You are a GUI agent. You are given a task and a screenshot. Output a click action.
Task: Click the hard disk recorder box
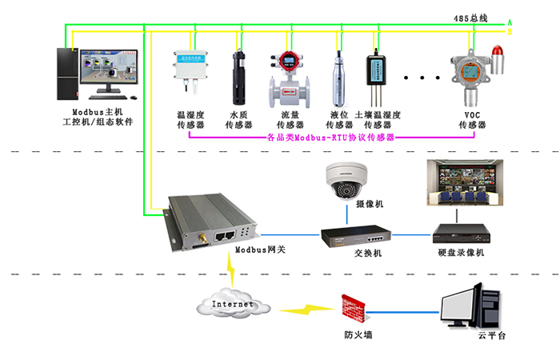pyautogui.click(x=460, y=234)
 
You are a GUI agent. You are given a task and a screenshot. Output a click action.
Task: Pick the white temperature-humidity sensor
pyautogui.click(x=190, y=66)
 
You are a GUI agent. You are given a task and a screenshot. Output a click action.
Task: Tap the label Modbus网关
pyautogui.click(x=261, y=250)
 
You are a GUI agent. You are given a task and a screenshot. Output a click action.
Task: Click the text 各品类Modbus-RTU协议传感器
pyautogui.click(x=331, y=138)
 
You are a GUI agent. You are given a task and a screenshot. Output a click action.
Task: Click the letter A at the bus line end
pyautogui.click(x=510, y=22)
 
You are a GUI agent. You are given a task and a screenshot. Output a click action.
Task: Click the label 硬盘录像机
pyautogui.click(x=461, y=253)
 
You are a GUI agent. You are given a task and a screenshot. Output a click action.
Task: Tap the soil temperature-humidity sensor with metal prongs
pyautogui.click(x=375, y=75)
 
